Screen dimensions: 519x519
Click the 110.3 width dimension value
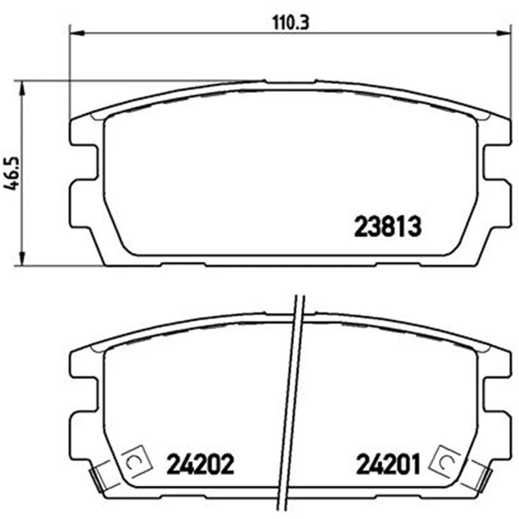click(290, 23)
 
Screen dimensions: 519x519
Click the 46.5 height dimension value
click(12, 173)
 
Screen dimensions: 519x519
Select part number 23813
click(387, 226)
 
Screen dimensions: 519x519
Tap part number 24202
click(200, 464)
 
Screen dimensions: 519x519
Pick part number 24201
click(388, 464)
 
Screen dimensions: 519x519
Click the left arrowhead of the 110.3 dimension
click(78, 33)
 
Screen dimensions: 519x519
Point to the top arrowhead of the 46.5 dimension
click(22, 88)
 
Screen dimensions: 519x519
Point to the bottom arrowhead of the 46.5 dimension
click(22, 258)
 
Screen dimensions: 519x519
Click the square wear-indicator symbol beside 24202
click(136, 461)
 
